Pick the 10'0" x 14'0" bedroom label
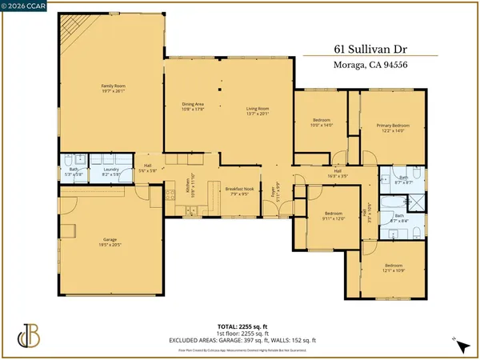tap(321, 122)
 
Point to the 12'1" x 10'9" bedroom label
tap(394, 267)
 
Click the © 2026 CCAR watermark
tap(25, 7)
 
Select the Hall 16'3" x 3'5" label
tap(337, 174)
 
